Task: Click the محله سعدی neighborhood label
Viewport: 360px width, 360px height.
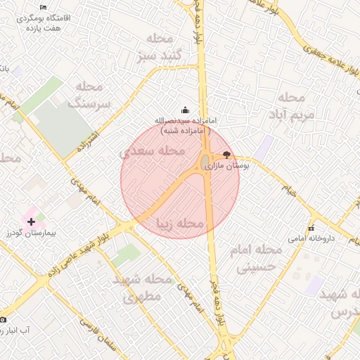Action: pos(152,150)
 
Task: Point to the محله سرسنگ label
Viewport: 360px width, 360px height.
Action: pos(89,95)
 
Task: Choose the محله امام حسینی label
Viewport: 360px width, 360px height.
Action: pos(258,258)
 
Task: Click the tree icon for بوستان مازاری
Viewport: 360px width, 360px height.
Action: pos(226,154)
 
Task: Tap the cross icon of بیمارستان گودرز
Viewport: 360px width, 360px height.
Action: pos(31,221)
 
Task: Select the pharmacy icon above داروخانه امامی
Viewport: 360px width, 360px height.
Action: pos(311,227)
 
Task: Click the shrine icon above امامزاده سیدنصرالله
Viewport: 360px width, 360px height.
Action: pos(186,110)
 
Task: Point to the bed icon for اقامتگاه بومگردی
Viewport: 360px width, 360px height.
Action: pos(44,8)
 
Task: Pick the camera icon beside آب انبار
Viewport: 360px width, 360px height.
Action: pos(3,320)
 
